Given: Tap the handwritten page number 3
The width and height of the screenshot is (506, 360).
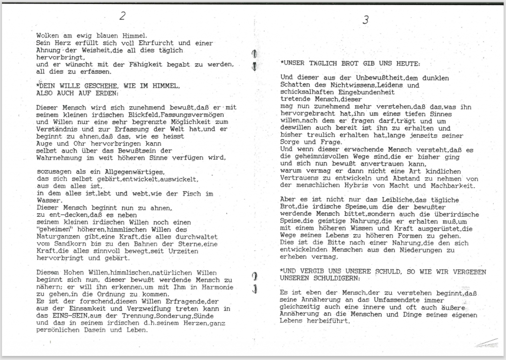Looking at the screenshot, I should pos(365,20).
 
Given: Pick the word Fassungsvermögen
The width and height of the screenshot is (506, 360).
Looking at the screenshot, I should pos(193,115).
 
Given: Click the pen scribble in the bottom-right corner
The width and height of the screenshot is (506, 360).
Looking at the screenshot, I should pos(486,343).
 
